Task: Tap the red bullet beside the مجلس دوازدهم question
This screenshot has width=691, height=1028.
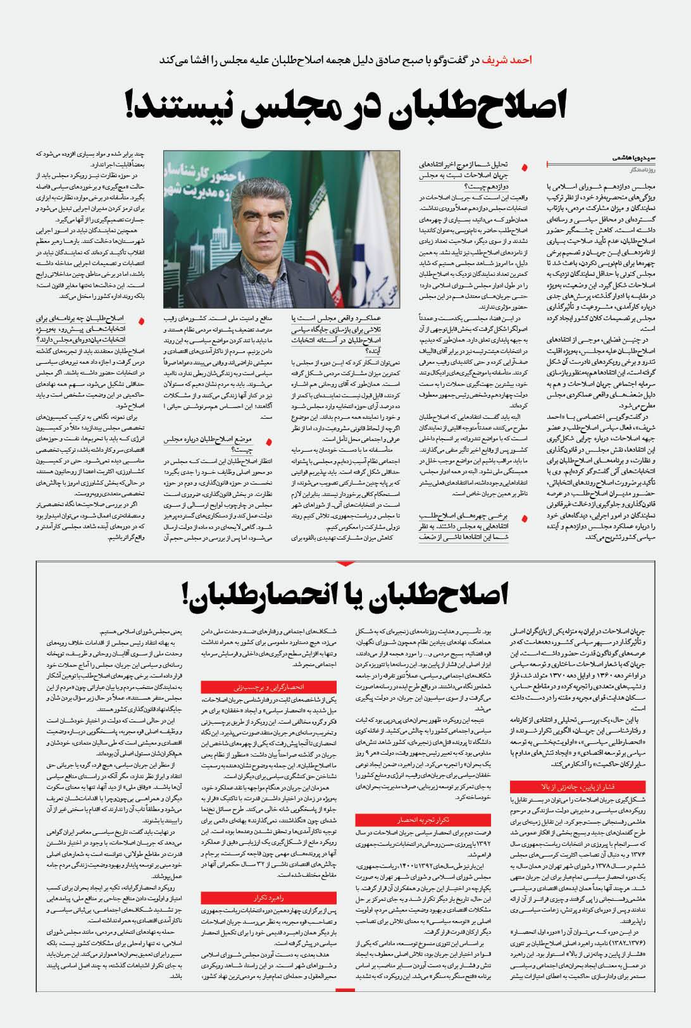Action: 523,168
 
